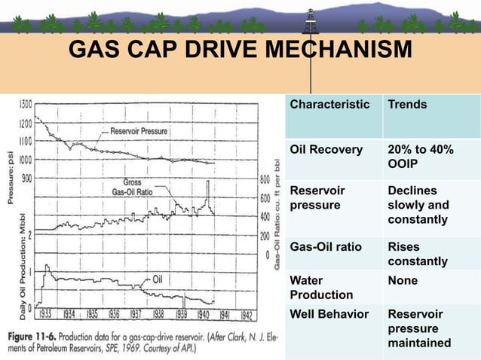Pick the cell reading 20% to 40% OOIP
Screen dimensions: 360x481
[419, 157]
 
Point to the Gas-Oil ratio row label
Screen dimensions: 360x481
[326, 247]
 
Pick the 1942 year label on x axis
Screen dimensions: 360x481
[247, 315]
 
